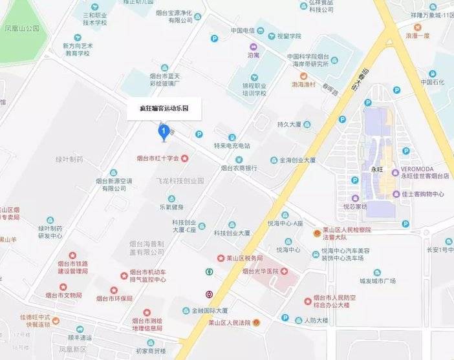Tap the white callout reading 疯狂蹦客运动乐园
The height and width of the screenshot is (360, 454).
(164, 109)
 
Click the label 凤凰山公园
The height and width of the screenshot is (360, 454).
(22, 28)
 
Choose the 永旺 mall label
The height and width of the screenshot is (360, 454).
(377, 169)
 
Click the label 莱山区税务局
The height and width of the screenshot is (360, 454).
(244, 258)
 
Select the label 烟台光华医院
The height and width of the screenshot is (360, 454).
(265, 271)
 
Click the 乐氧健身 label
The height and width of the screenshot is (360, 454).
(171, 207)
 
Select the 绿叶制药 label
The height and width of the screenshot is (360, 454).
(69, 159)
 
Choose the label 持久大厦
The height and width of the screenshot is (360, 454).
(290, 124)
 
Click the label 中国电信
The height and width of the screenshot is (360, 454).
(244, 30)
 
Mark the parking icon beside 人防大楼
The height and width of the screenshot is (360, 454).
(285, 318)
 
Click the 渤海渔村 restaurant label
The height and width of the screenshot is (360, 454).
(303, 85)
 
